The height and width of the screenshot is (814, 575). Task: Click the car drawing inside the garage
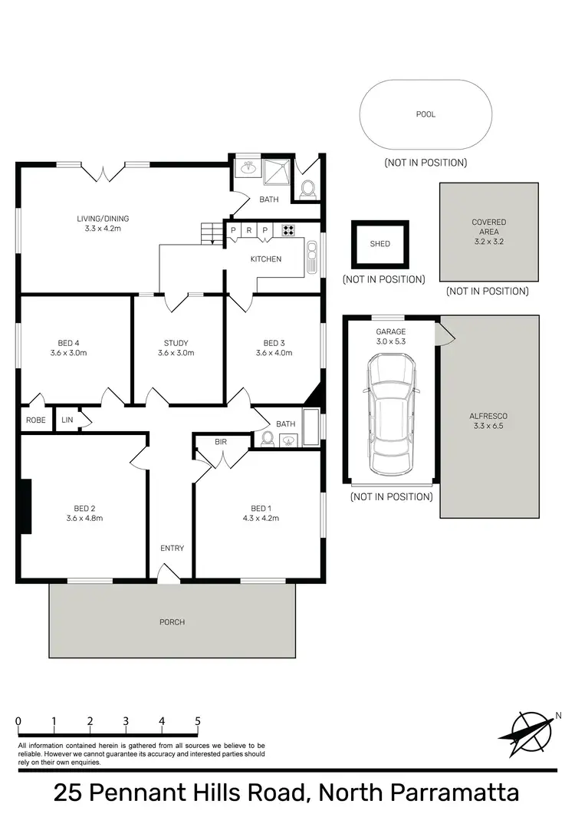point(392,414)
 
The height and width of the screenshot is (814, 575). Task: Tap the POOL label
point(426,114)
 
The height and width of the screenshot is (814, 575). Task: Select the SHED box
point(379,244)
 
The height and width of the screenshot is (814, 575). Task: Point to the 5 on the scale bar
point(198,721)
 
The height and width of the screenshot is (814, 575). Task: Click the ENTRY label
point(172,548)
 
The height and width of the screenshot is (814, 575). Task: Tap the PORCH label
point(172,621)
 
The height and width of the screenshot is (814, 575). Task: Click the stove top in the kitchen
point(288,229)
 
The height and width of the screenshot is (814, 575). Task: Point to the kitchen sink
point(311,259)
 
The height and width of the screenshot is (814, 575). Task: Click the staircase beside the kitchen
point(210,232)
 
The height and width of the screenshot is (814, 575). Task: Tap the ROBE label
point(36,420)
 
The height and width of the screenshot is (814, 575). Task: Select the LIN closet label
point(67,420)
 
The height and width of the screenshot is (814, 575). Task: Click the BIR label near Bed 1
point(221,443)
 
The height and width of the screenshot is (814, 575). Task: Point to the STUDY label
point(176,343)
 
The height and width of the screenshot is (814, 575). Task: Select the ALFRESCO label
point(488,416)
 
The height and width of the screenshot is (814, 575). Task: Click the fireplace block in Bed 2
point(26,506)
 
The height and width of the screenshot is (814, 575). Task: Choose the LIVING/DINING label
point(100,219)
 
